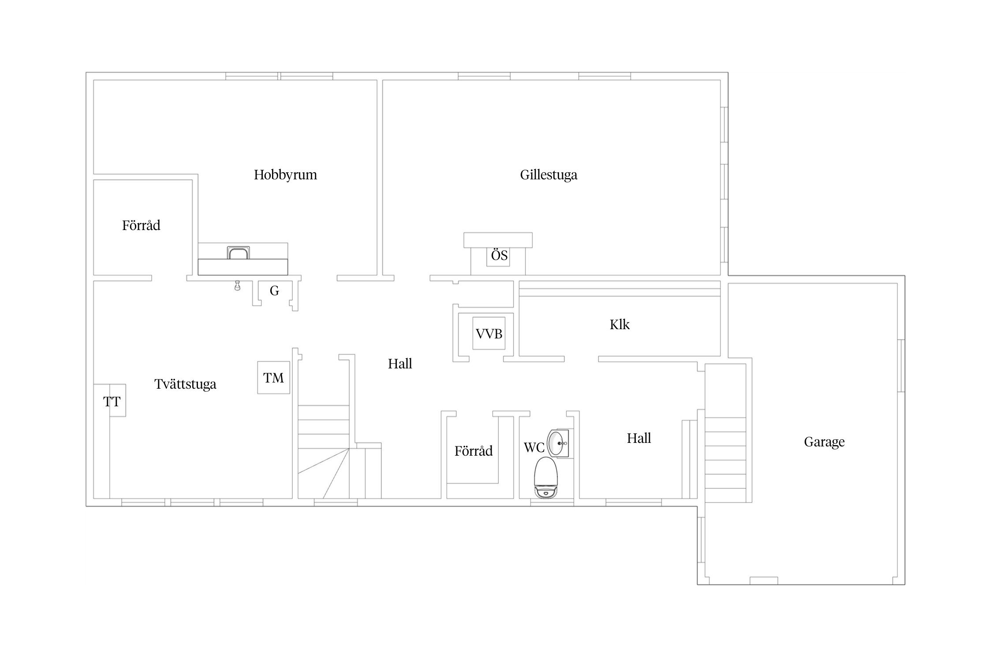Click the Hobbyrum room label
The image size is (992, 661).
point(285,175)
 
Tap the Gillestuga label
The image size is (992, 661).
point(548,175)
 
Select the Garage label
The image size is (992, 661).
point(824,442)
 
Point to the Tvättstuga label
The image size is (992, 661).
point(185,384)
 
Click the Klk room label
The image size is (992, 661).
point(619,325)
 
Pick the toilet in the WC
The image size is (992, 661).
point(546,478)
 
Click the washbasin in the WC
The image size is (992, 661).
point(558,443)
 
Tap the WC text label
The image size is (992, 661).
point(534,448)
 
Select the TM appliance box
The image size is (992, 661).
point(274,378)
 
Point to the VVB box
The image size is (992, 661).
point(489,334)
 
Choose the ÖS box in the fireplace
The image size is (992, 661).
point(499,256)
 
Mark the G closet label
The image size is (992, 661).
point(274,291)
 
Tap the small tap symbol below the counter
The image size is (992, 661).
point(238,286)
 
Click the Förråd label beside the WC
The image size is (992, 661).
point(474,451)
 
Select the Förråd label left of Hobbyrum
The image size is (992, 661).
point(141,226)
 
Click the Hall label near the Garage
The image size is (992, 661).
point(639,438)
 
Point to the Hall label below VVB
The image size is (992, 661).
point(400,364)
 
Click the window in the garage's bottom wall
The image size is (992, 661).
point(764,581)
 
